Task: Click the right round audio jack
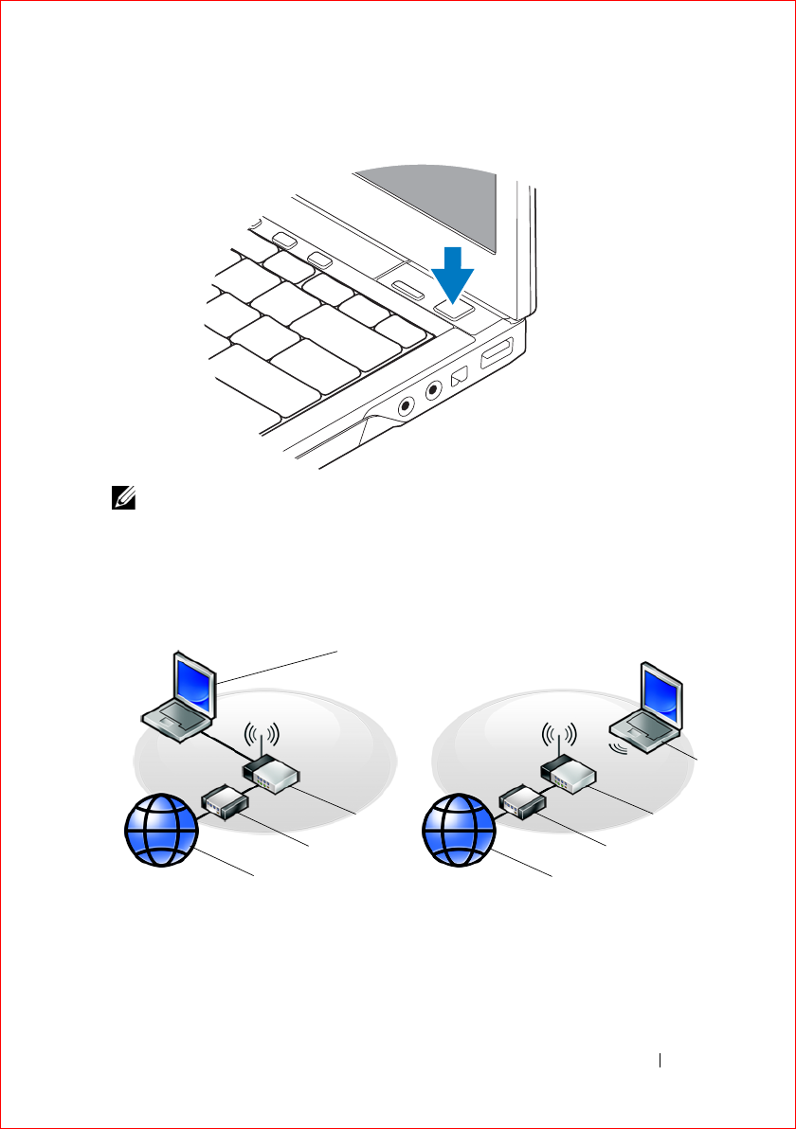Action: point(435,389)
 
